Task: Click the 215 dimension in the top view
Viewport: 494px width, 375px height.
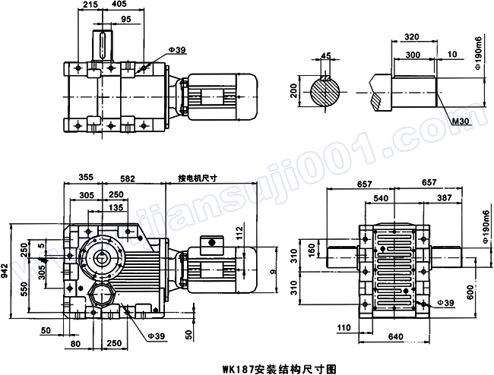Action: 90,5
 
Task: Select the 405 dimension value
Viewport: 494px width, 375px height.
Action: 118,5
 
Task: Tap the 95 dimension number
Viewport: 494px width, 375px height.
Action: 125,18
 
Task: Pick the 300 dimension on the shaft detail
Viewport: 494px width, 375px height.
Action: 413,55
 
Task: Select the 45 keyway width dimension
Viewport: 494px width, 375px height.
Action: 326,55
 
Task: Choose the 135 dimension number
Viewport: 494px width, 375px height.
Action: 116,207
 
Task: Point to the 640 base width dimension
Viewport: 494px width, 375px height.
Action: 394,336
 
